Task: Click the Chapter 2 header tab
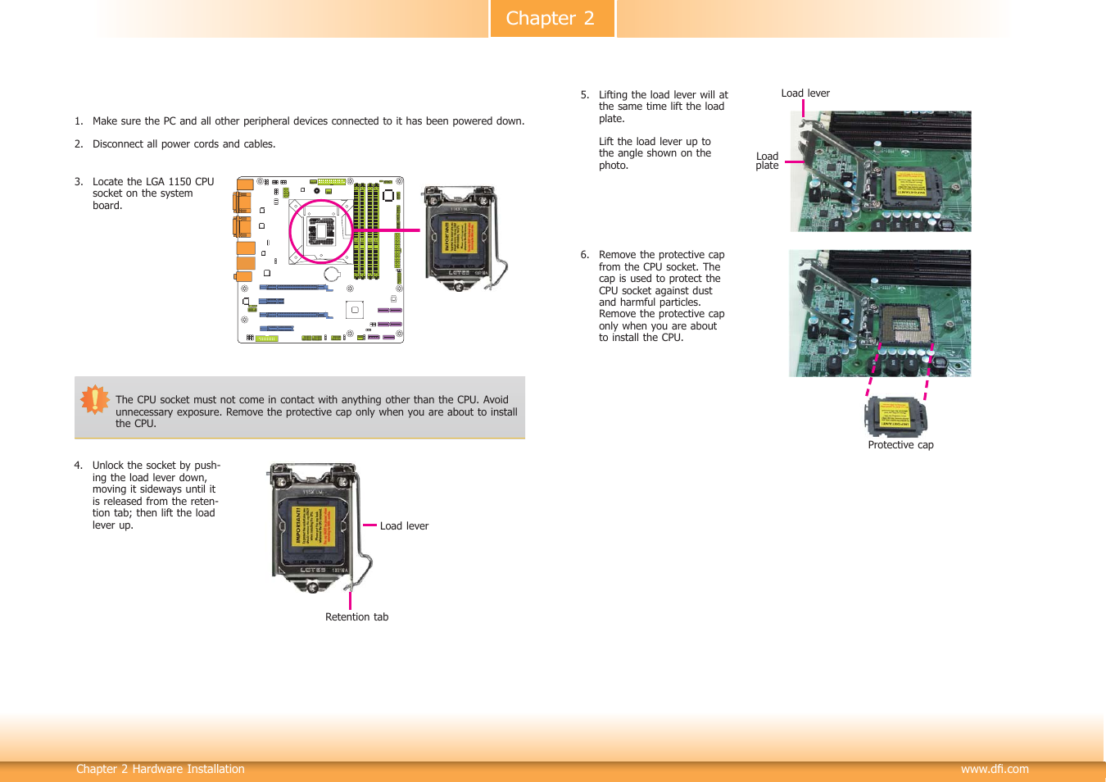tap(551, 18)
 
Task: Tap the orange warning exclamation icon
tap(95, 399)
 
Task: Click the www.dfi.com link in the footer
tap(994, 769)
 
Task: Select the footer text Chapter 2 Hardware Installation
tap(161, 769)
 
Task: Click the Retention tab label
tap(356, 617)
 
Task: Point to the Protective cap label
tap(900, 445)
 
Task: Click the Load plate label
tap(767, 161)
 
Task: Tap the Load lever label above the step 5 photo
tap(805, 93)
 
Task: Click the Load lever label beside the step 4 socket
tap(404, 526)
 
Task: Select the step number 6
tap(584, 255)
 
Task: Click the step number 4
tap(78, 466)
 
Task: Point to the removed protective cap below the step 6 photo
tap(896, 416)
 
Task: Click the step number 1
tap(78, 121)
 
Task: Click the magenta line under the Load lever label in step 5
tap(803, 109)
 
